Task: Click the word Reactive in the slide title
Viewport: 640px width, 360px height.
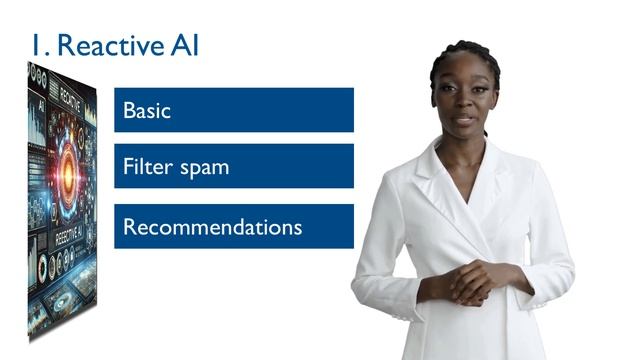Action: pyautogui.click(x=109, y=46)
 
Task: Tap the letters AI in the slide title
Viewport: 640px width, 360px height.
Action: pyautogui.click(x=184, y=46)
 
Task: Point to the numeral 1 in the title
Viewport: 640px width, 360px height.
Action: pyautogui.click(x=35, y=46)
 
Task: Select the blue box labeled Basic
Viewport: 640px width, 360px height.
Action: pyautogui.click(x=233, y=110)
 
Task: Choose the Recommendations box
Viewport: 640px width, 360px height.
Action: pyautogui.click(x=233, y=227)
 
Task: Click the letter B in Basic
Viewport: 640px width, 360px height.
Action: pyautogui.click(x=129, y=110)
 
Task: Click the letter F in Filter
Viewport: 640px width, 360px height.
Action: pyautogui.click(x=128, y=166)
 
